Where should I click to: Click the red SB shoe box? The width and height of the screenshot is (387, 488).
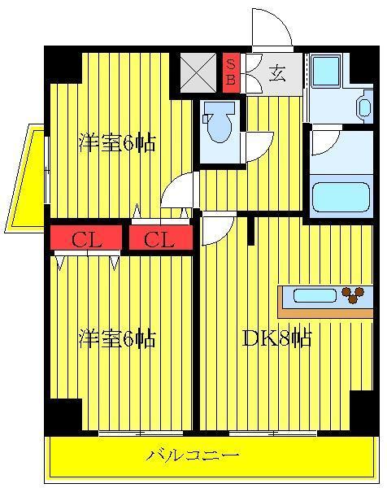coord(231,73)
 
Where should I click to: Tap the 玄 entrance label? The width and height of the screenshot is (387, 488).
coord(277,73)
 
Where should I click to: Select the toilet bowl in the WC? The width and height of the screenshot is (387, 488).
coord(219,123)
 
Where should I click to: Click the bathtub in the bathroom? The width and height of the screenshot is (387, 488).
coord(341,197)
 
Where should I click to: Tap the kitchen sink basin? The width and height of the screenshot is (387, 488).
coord(315,295)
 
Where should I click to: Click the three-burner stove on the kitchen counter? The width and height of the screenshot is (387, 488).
coord(353,294)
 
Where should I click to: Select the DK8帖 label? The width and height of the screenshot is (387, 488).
coord(276,338)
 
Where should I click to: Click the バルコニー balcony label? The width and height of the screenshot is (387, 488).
coord(193,455)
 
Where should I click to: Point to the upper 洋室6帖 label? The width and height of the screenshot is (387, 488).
coord(117,142)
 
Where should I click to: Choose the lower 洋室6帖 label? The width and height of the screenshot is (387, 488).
coord(117,338)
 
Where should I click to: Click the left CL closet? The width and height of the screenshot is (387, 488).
coord(86,237)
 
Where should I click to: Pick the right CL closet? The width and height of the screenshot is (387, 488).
coord(160,237)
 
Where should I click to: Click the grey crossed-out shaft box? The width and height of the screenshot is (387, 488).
coord(198,73)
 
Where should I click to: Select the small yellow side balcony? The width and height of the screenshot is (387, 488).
coord(25,178)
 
